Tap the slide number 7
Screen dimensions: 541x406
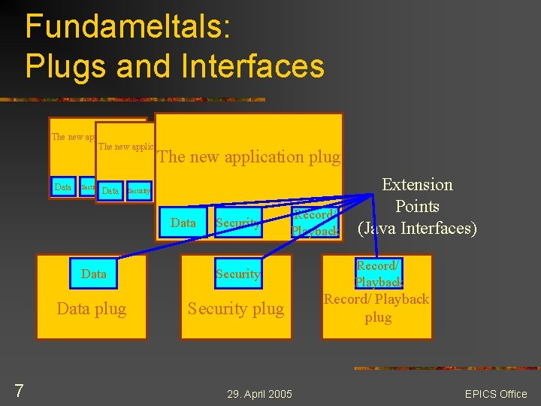click(20, 390)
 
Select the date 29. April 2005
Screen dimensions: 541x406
click(259, 393)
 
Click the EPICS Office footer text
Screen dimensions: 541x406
click(496, 393)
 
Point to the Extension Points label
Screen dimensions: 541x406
click(417, 195)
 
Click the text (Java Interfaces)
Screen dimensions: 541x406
click(417, 228)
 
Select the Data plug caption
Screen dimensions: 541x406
click(92, 308)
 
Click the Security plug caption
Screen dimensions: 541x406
click(237, 308)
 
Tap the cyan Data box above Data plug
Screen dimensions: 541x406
click(93, 274)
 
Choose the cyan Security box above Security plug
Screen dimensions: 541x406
click(237, 274)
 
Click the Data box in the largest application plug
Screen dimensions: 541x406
click(183, 223)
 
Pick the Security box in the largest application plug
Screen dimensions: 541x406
click(237, 223)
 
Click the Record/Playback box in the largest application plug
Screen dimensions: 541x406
click(315, 223)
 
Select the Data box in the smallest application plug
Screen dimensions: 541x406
click(63, 186)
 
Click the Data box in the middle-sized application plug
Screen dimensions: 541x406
click(110, 191)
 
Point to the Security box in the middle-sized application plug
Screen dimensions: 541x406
click(138, 191)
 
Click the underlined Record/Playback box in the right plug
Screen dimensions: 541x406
click(378, 274)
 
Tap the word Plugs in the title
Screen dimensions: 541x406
click(64, 66)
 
